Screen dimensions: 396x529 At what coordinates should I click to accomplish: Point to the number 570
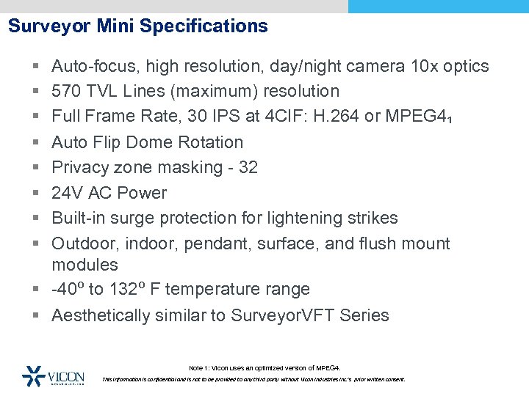[x=66, y=92]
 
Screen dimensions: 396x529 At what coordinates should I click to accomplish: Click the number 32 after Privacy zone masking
[x=248, y=167]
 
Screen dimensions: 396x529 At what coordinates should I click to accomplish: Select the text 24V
[x=68, y=193]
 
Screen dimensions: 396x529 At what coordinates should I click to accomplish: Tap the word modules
[x=84, y=265]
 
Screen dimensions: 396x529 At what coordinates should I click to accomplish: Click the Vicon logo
[x=54, y=375]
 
